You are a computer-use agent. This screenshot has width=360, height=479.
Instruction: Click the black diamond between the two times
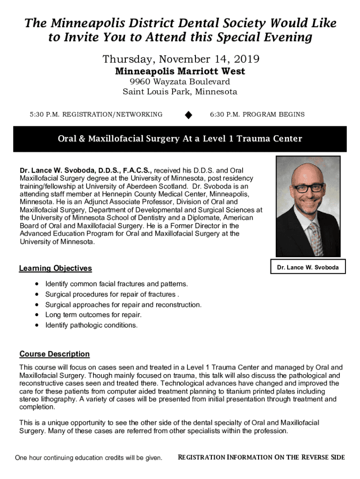(188, 115)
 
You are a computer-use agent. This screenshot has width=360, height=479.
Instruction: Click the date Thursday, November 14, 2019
(180, 60)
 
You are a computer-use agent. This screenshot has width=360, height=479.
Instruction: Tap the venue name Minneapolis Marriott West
(180, 72)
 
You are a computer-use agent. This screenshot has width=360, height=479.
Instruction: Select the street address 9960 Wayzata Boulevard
(180, 82)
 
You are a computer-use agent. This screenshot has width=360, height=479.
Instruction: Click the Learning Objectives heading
(55, 269)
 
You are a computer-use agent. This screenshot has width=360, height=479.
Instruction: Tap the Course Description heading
(54, 354)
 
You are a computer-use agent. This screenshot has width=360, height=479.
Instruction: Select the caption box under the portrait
(308, 268)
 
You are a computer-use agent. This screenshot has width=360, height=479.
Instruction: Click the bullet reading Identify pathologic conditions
(91, 325)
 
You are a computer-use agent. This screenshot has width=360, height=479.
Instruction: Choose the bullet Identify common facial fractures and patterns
(116, 284)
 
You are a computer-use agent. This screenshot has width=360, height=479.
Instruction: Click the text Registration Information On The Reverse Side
(261, 457)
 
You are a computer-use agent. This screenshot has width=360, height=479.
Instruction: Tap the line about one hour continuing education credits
(89, 457)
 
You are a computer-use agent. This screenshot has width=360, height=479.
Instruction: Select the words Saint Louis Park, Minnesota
(180, 92)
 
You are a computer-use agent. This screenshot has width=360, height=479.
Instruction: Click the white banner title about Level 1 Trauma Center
(180, 139)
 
